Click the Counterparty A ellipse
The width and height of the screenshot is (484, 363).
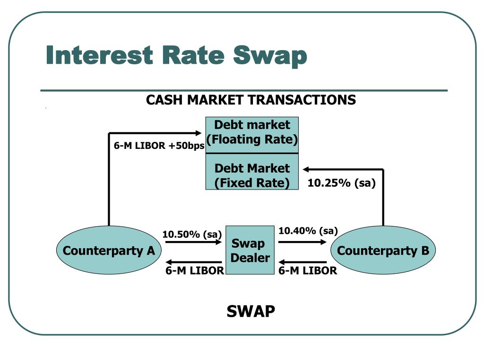coord(109,250)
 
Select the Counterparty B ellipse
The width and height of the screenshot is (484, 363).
coord(383,250)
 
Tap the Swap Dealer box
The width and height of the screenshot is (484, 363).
coord(250,250)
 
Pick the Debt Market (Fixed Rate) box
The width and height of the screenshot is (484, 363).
coord(252,172)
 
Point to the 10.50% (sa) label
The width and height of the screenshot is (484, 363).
coord(192,234)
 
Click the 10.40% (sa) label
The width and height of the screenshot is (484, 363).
coord(308,231)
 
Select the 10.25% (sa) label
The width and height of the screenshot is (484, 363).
coord(341,183)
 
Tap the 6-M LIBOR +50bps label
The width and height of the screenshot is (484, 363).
coord(159,146)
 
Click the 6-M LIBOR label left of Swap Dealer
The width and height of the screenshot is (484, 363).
coord(194,271)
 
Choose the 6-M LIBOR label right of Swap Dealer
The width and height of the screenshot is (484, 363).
coord(308,271)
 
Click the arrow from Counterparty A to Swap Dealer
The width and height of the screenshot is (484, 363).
coord(193,242)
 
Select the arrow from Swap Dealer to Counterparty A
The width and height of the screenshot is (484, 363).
coord(193,262)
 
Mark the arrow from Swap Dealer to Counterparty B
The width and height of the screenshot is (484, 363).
coord(302,242)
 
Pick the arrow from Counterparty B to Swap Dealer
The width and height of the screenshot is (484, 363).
coord(302,262)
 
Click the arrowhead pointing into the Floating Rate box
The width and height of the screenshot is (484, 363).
coord(198,133)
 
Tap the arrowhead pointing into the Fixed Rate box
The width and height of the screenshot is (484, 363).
coord(306,169)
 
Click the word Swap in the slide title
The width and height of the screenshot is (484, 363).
coord(270,56)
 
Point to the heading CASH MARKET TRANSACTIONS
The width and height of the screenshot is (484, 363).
coord(251,100)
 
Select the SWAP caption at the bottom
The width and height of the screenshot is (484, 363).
coord(251,311)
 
